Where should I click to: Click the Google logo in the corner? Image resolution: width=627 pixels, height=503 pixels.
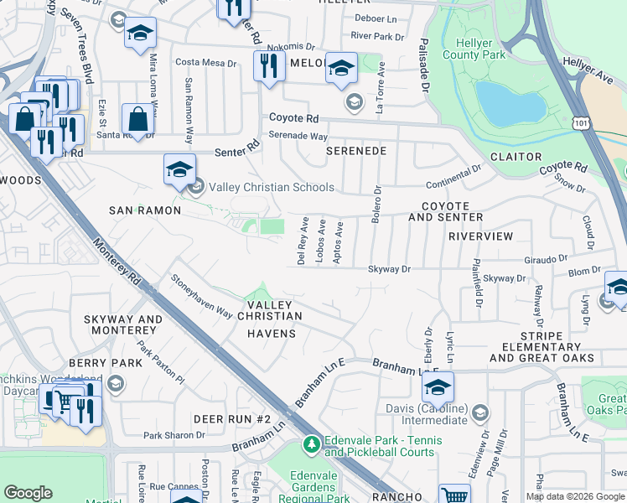pyautogui.click(x=28, y=493)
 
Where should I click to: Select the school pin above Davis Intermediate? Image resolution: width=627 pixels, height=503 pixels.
pyautogui.click(x=437, y=388)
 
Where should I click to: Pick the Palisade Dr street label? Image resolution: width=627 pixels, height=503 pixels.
pyautogui.click(x=424, y=65)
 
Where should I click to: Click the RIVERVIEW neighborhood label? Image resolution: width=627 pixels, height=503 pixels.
pyautogui.click(x=480, y=236)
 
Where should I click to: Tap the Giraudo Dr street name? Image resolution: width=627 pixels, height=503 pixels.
pyautogui.click(x=547, y=260)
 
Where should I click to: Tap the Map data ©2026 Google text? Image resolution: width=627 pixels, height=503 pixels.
pyautogui.click(x=575, y=496)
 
